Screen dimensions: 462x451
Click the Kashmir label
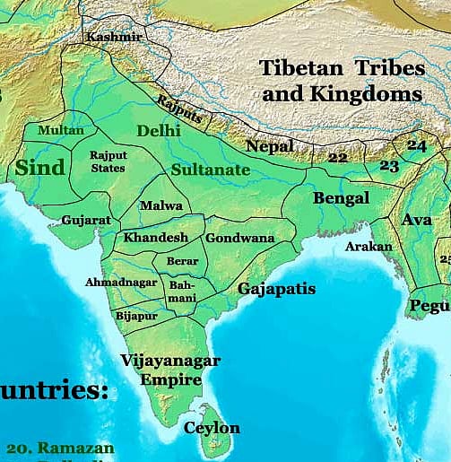click(113, 37)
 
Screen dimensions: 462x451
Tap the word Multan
click(61, 130)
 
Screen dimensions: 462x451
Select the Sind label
click(40, 167)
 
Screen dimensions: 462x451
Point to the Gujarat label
click(86, 220)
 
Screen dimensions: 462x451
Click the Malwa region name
click(160, 205)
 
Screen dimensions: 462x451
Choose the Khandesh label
click(156, 238)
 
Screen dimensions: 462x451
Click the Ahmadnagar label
click(120, 282)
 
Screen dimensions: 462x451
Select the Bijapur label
click(136, 316)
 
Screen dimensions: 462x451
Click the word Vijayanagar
click(170, 361)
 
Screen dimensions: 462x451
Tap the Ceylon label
click(212, 428)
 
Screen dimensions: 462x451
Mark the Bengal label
click(341, 198)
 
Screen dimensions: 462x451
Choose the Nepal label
click(269, 145)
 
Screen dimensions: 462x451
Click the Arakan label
click(369, 246)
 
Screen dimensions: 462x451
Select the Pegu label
click(430, 306)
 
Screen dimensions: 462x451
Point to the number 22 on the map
click(337, 158)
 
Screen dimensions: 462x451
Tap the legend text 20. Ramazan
click(60, 448)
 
